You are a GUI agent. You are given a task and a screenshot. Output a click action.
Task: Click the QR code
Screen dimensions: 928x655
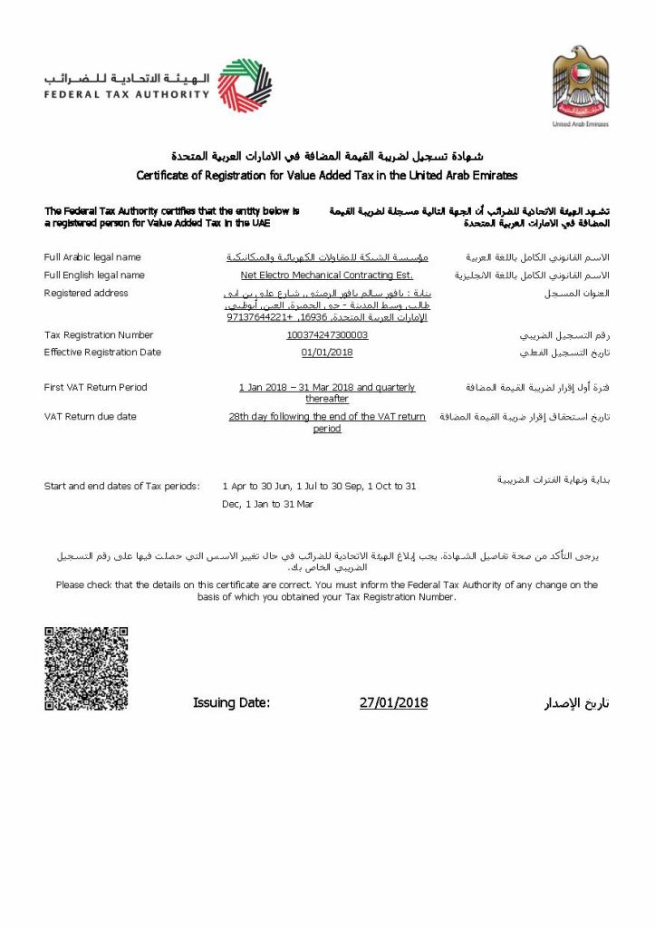pos(86,668)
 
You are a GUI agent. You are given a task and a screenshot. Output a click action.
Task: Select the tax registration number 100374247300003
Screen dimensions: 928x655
pos(327,335)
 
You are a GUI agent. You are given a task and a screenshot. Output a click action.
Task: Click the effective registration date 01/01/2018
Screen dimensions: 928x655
pos(327,353)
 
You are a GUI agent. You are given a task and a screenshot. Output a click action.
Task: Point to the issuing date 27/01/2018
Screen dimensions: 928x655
pos(393,702)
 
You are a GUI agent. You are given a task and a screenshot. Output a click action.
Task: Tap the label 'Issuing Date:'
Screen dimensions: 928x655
pos(231,702)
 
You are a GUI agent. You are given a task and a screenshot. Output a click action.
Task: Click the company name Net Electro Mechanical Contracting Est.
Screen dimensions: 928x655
pos(327,275)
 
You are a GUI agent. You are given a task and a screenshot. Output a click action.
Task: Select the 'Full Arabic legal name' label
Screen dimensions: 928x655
pos(92,257)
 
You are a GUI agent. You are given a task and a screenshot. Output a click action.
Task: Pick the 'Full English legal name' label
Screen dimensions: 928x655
pos(94,275)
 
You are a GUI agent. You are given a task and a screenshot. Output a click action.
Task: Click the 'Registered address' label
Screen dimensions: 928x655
pos(86,293)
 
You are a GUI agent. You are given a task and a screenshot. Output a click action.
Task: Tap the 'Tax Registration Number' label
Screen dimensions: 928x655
pos(99,335)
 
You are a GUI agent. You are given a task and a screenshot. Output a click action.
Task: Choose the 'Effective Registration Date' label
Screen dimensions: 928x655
pos(102,353)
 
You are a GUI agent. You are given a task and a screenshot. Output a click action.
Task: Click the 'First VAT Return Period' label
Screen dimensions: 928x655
pos(95,388)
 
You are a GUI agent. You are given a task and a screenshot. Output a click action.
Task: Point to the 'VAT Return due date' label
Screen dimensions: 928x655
pos(90,417)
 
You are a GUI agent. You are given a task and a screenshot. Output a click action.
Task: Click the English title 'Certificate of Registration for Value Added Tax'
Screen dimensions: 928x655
pos(327,175)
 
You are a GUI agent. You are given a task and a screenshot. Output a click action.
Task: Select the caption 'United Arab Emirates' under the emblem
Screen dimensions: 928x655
pos(581,124)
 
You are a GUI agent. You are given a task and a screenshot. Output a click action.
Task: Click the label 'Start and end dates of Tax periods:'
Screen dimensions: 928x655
pos(122,487)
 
